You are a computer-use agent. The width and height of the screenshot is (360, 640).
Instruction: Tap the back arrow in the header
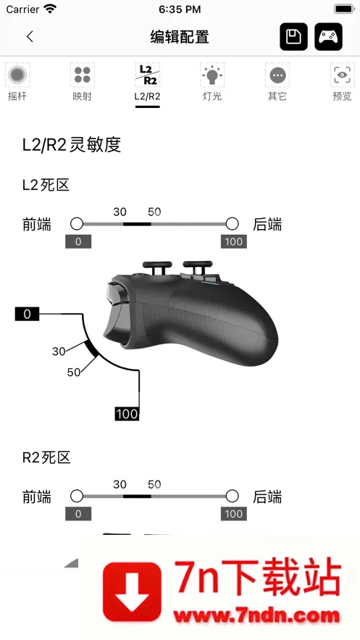pos(30,37)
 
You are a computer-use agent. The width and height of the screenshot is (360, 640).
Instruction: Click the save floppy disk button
pos(293,37)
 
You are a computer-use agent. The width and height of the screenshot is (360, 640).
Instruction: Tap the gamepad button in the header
pos(328,37)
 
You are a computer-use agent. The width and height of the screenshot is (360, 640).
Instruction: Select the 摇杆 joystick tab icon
pos(17,75)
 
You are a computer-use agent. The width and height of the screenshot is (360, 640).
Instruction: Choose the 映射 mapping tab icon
pos(83,75)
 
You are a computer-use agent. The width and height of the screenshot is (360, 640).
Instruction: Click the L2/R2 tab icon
pos(147,75)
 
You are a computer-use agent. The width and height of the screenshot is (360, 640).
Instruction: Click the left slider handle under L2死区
pos(77,224)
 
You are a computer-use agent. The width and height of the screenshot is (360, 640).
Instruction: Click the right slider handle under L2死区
pos(232,224)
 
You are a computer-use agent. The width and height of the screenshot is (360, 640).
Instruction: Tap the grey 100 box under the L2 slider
pos(234,241)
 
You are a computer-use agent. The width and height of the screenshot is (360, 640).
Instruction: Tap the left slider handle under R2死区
pos(77,496)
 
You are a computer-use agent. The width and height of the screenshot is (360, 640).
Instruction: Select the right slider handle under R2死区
pos(232,496)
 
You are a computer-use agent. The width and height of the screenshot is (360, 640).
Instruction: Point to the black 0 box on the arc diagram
pos(27,314)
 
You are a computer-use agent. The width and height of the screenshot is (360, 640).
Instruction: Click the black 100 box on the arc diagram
pos(127,414)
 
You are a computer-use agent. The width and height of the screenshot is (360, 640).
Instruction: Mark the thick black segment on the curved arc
pos(91,349)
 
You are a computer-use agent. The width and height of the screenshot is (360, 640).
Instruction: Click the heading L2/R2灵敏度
pos(72,145)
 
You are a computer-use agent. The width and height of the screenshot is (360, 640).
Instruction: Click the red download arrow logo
pos(132,591)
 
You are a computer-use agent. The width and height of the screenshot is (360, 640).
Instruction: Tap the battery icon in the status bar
pos(345,9)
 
